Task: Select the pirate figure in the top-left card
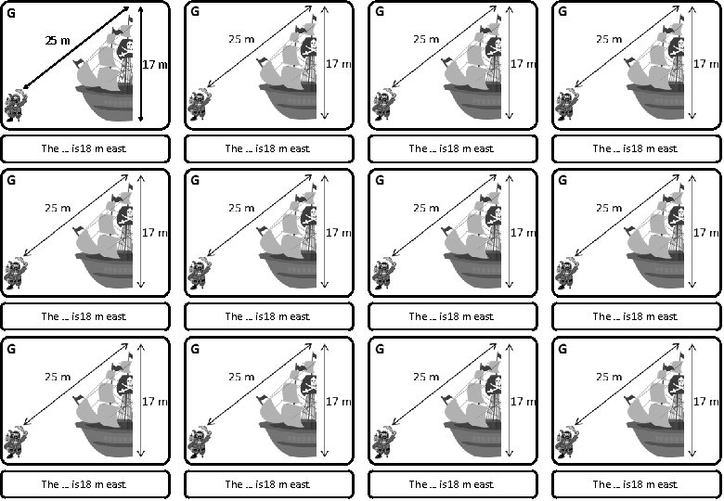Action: [14, 107]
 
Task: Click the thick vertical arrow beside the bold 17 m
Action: [139, 63]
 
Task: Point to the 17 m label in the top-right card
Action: [706, 64]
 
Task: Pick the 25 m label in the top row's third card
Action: [426, 39]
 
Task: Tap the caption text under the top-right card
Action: [635, 148]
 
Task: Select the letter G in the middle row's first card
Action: [10, 180]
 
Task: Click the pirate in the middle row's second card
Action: [198, 275]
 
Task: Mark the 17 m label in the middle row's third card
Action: [523, 233]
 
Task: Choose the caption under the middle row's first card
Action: [84, 316]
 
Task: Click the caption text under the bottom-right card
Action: [635, 484]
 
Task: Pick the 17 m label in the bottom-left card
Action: [155, 401]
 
